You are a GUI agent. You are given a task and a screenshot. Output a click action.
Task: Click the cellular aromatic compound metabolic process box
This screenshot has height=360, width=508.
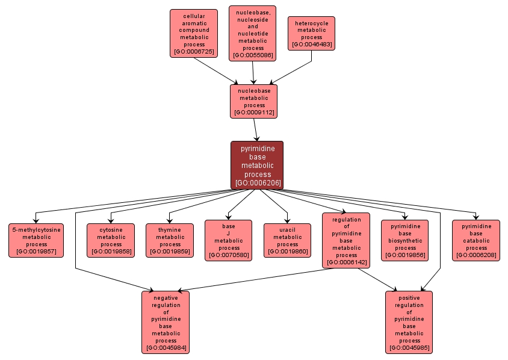[x=193, y=33]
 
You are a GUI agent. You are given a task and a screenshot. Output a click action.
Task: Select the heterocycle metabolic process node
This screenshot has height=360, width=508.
[x=311, y=33]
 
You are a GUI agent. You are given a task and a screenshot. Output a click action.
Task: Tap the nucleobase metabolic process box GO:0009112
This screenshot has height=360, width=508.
[x=253, y=101]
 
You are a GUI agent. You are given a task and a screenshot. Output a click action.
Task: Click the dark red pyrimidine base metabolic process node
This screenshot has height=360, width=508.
[x=257, y=165]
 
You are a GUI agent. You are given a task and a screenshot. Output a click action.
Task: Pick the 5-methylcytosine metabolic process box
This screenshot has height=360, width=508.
[x=36, y=240]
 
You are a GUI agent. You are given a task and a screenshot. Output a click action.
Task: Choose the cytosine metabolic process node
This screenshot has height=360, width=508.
[x=111, y=240]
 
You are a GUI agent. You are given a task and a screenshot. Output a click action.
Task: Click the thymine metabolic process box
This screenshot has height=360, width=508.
[x=170, y=240]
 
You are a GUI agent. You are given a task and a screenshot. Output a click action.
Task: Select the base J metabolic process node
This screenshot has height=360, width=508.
[x=229, y=240]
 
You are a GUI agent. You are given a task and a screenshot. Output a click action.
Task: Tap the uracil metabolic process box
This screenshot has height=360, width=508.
[x=287, y=240]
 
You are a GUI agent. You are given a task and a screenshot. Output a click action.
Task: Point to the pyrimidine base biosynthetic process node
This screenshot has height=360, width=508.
[x=405, y=240]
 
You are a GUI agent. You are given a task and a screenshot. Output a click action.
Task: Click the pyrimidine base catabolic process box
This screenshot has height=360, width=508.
[x=476, y=240]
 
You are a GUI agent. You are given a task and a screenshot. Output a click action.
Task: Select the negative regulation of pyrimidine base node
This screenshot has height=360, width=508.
[x=166, y=322]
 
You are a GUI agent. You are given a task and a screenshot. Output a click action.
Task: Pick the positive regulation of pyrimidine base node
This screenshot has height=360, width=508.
[x=409, y=322]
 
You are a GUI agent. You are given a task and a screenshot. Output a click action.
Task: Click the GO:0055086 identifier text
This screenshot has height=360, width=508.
[x=253, y=55]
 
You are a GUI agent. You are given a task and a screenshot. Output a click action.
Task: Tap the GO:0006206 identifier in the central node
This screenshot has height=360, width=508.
[x=257, y=182]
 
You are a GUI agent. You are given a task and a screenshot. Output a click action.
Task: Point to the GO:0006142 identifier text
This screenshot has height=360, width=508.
[x=346, y=262]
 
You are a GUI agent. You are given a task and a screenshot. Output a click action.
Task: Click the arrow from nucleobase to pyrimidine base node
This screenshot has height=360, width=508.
[x=256, y=129]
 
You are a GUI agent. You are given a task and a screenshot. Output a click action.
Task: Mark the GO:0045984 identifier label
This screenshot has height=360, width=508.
[x=166, y=348]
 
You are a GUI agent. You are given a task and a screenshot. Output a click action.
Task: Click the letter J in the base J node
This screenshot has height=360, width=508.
[x=229, y=233]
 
